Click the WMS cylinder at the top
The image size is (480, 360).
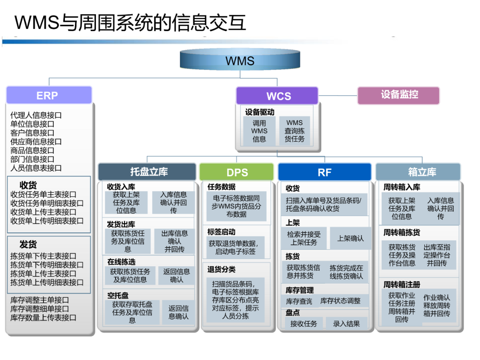click(240, 60)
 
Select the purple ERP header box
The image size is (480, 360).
click(49, 95)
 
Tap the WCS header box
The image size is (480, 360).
click(277, 96)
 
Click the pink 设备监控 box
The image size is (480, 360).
click(399, 95)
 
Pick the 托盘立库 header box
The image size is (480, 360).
click(147, 172)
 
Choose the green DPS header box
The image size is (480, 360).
click(236, 172)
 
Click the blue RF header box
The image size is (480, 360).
click(324, 172)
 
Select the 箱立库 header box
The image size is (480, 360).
click(418, 172)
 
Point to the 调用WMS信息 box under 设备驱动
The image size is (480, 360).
click(259, 131)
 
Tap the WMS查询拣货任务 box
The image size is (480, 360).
click(294, 131)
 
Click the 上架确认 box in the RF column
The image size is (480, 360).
click(350, 239)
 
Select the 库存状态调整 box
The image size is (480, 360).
click(340, 301)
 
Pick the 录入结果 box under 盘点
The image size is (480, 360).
click(346, 324)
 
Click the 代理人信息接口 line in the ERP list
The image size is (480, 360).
click(36, 115)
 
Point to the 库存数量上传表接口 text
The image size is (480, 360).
click(44, 318)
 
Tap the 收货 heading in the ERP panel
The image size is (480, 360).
click(28, 185)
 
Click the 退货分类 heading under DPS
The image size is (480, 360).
click(221, 269)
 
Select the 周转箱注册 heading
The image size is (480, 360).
click(401, 284)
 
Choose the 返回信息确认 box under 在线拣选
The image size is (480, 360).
click(176, 276)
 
